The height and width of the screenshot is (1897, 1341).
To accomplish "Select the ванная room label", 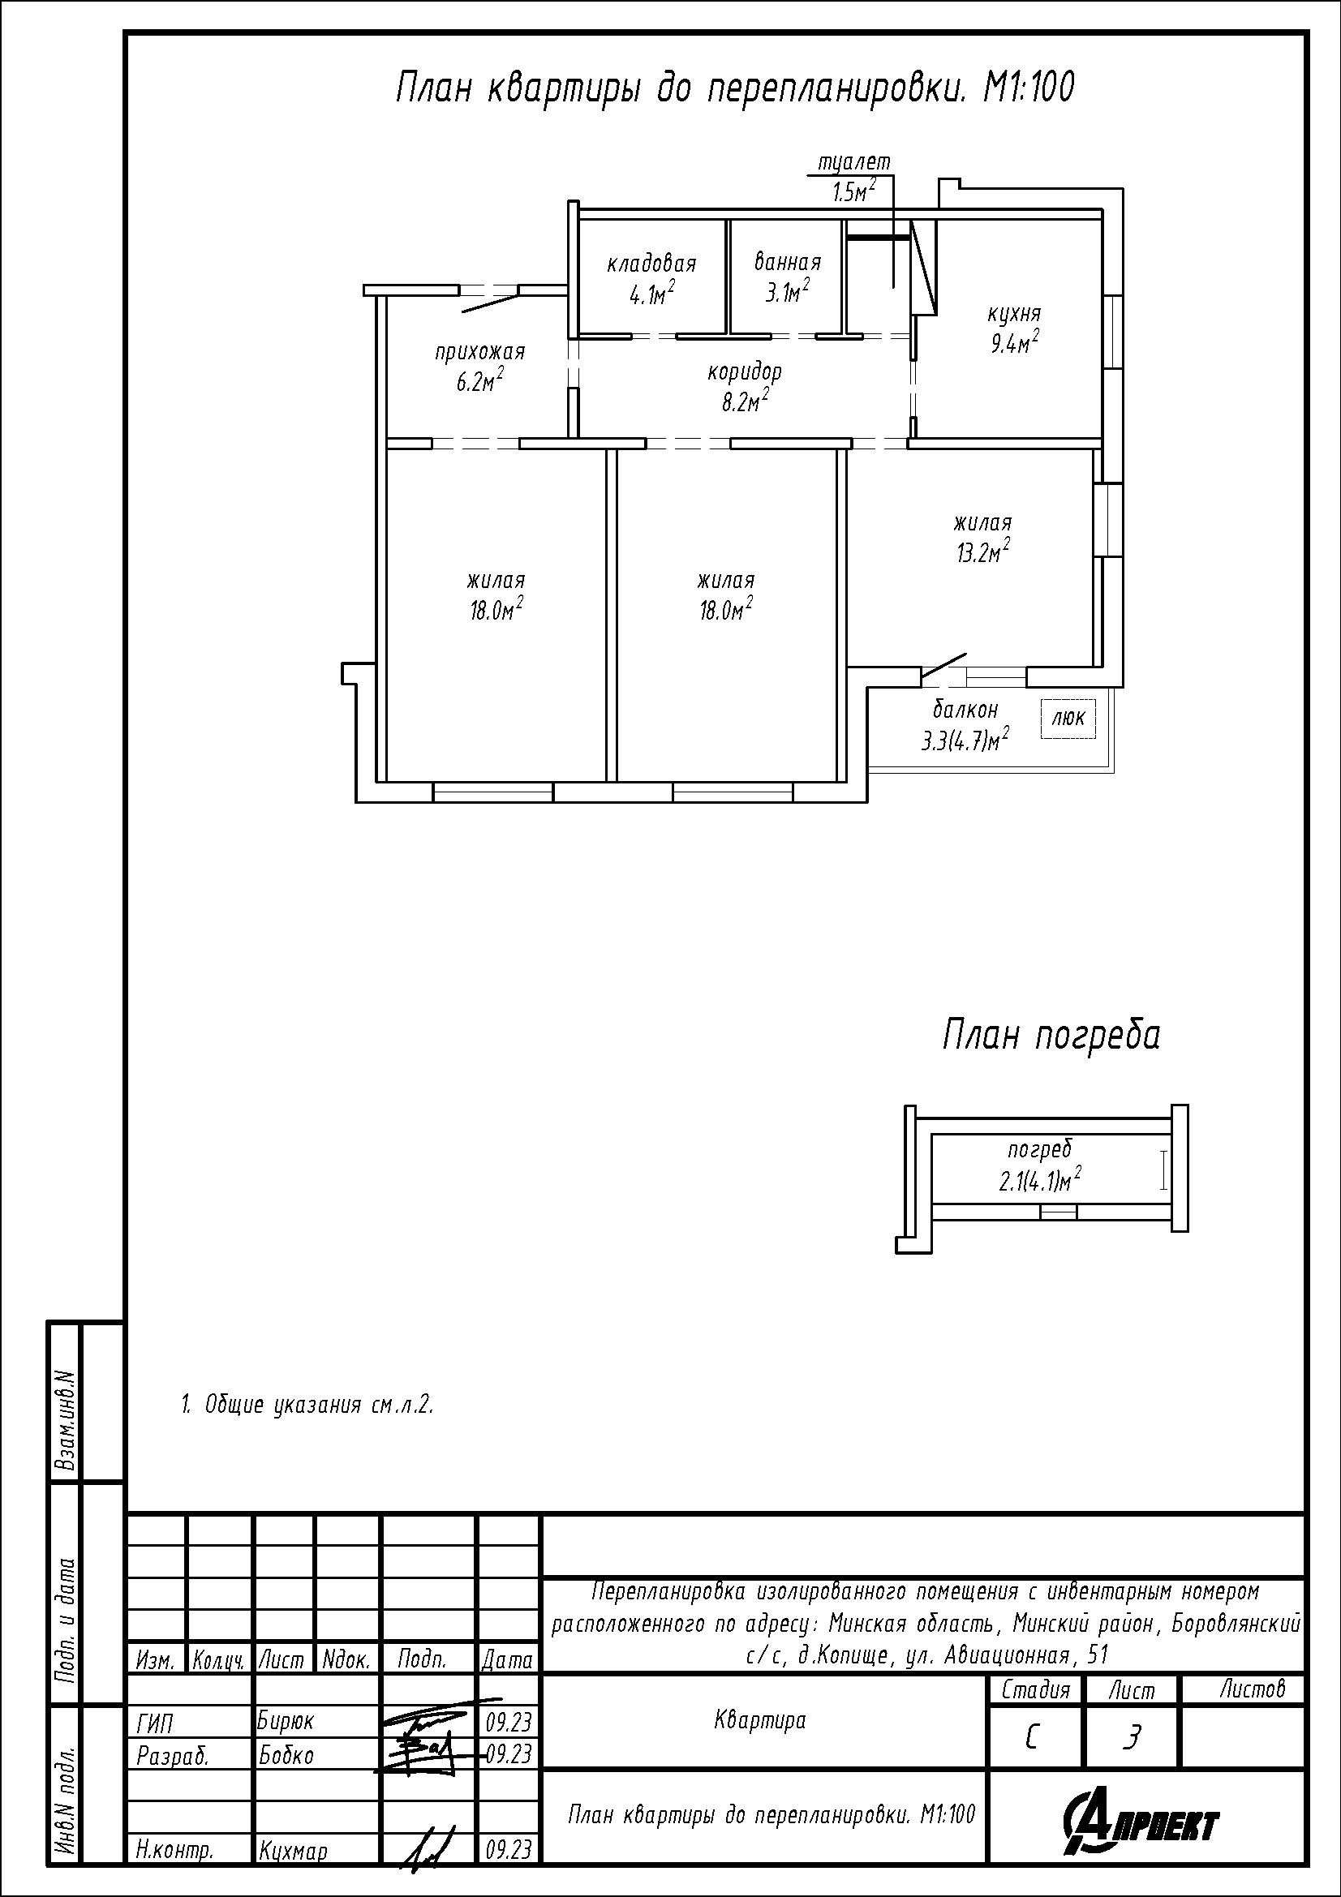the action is coord(788,263).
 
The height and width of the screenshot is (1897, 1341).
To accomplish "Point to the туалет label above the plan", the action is coord(853,163).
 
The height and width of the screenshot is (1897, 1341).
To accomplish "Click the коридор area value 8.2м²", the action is coord(744,401).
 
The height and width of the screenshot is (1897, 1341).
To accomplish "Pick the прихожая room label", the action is coord(480,353).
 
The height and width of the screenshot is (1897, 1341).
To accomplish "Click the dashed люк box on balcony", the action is coord(1068,719).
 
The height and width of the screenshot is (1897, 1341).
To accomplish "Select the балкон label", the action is coord(965,710).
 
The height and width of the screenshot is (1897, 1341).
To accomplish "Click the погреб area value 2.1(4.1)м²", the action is coord(1040,1182).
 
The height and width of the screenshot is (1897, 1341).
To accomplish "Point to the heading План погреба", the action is coord(1051,1036).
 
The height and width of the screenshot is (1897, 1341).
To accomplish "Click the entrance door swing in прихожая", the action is coord(491,299).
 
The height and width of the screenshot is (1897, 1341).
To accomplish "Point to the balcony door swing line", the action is coord(943,667).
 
